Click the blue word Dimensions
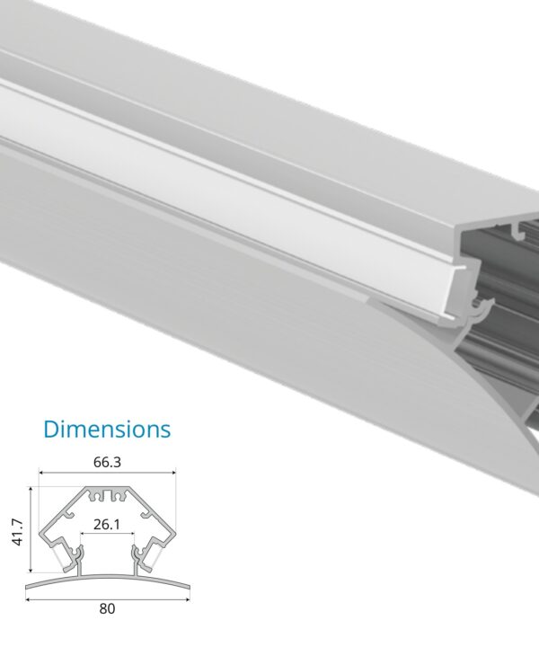pyautogui.click(x=107, y=429)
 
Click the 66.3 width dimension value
pyautogui.click(x=107, y=463)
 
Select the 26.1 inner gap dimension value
pyautogui.click(x=107, y=524)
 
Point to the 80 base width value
pyautogui.click(x=107, y=608)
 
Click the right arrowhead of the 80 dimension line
pyautogui.click(x=189, y=597)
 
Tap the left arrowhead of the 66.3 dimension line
pyautogui.click(x=40, y=474)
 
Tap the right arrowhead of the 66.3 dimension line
pyautogui.click(x=173, y=474)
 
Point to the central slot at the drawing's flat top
pyautogui.click(x=107, y=493)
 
